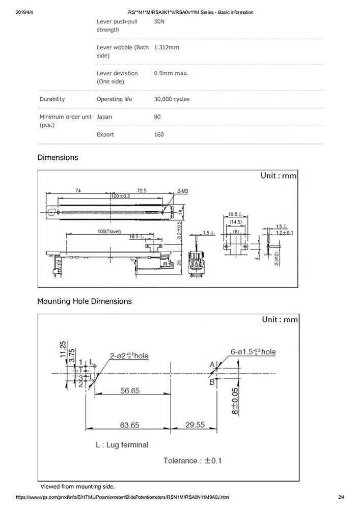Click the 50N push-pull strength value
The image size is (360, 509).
coord(159,21)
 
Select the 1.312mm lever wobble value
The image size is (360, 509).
coord(167,47)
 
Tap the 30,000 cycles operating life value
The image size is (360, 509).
coord(172,99)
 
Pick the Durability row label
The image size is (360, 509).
coord(52,99)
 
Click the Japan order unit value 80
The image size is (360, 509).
coord(157,117)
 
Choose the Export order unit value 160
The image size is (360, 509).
coord(159,134)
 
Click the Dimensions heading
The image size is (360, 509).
coord(58,157)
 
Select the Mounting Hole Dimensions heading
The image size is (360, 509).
coord(84,301)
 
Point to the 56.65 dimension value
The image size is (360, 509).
coord(130,390)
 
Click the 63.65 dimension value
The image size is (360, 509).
coord(130,425)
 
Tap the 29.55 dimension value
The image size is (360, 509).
coord(195,425)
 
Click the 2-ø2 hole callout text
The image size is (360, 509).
coord(129,356)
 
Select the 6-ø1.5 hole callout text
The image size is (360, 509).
coord(253,352)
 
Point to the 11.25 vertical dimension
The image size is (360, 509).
coord(63,351)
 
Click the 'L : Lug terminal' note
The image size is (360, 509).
coord(122,444)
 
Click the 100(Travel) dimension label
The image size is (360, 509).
coord(108,232)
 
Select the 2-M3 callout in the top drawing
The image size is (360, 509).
coord(182,191)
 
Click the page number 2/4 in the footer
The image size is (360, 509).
coord(341,497)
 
